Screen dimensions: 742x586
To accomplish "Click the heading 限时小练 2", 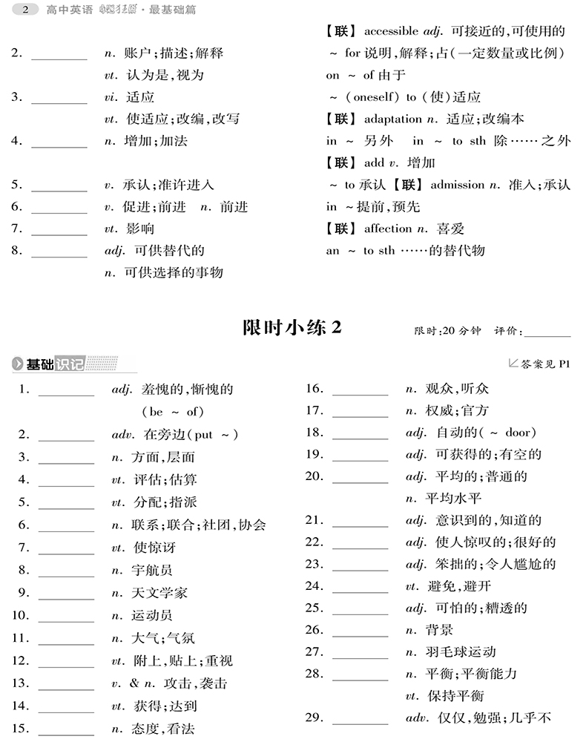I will pos(292,328).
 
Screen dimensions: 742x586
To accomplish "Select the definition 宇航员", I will pos(151,571).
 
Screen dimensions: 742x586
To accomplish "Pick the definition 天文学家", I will pos(158,593).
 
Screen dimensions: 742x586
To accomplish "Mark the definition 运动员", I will pos(151,616).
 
